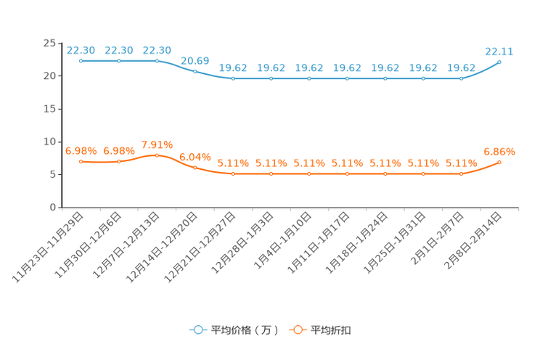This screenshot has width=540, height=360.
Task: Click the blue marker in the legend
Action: [197, 330]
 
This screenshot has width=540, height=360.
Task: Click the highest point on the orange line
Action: [157, 155]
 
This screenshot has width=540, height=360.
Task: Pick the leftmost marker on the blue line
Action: [81, 61]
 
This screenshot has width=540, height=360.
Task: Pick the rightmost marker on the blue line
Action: [499, 62]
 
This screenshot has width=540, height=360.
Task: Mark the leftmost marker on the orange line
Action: [81, 161]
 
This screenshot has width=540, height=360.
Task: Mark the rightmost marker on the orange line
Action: [499, 162]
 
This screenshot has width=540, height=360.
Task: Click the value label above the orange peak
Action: [157, 144]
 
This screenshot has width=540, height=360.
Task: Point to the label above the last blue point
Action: [499, 51]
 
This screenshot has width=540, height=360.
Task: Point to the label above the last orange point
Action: [499, 151]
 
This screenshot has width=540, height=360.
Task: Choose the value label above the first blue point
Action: [81, 49]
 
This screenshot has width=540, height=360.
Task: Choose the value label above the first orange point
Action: [81, 150]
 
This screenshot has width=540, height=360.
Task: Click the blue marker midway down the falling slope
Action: [195, 71]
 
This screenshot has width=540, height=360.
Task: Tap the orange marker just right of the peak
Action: [195, 167]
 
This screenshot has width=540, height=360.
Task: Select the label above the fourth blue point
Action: [195, 60]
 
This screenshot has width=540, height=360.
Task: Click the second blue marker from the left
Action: [119, 61]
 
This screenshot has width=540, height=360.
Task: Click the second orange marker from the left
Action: [119, 161]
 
